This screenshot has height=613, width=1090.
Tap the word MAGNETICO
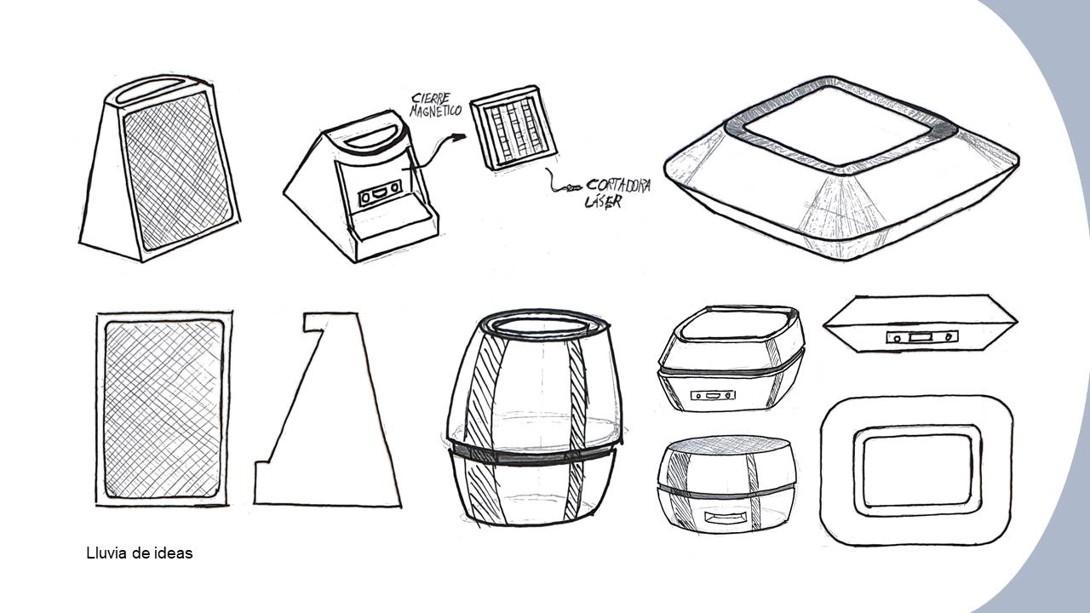(x=435, y=112)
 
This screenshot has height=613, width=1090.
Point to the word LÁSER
(x=604, y=202)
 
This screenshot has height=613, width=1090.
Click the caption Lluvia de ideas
(x=140, y=553)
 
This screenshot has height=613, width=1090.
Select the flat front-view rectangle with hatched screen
(x=162, y=410)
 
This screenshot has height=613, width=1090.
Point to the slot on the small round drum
(x=726, y=518)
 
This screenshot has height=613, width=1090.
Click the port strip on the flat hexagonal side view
(x=920, y=338)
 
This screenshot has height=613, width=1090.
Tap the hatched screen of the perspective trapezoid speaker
(x=176, y=170)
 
